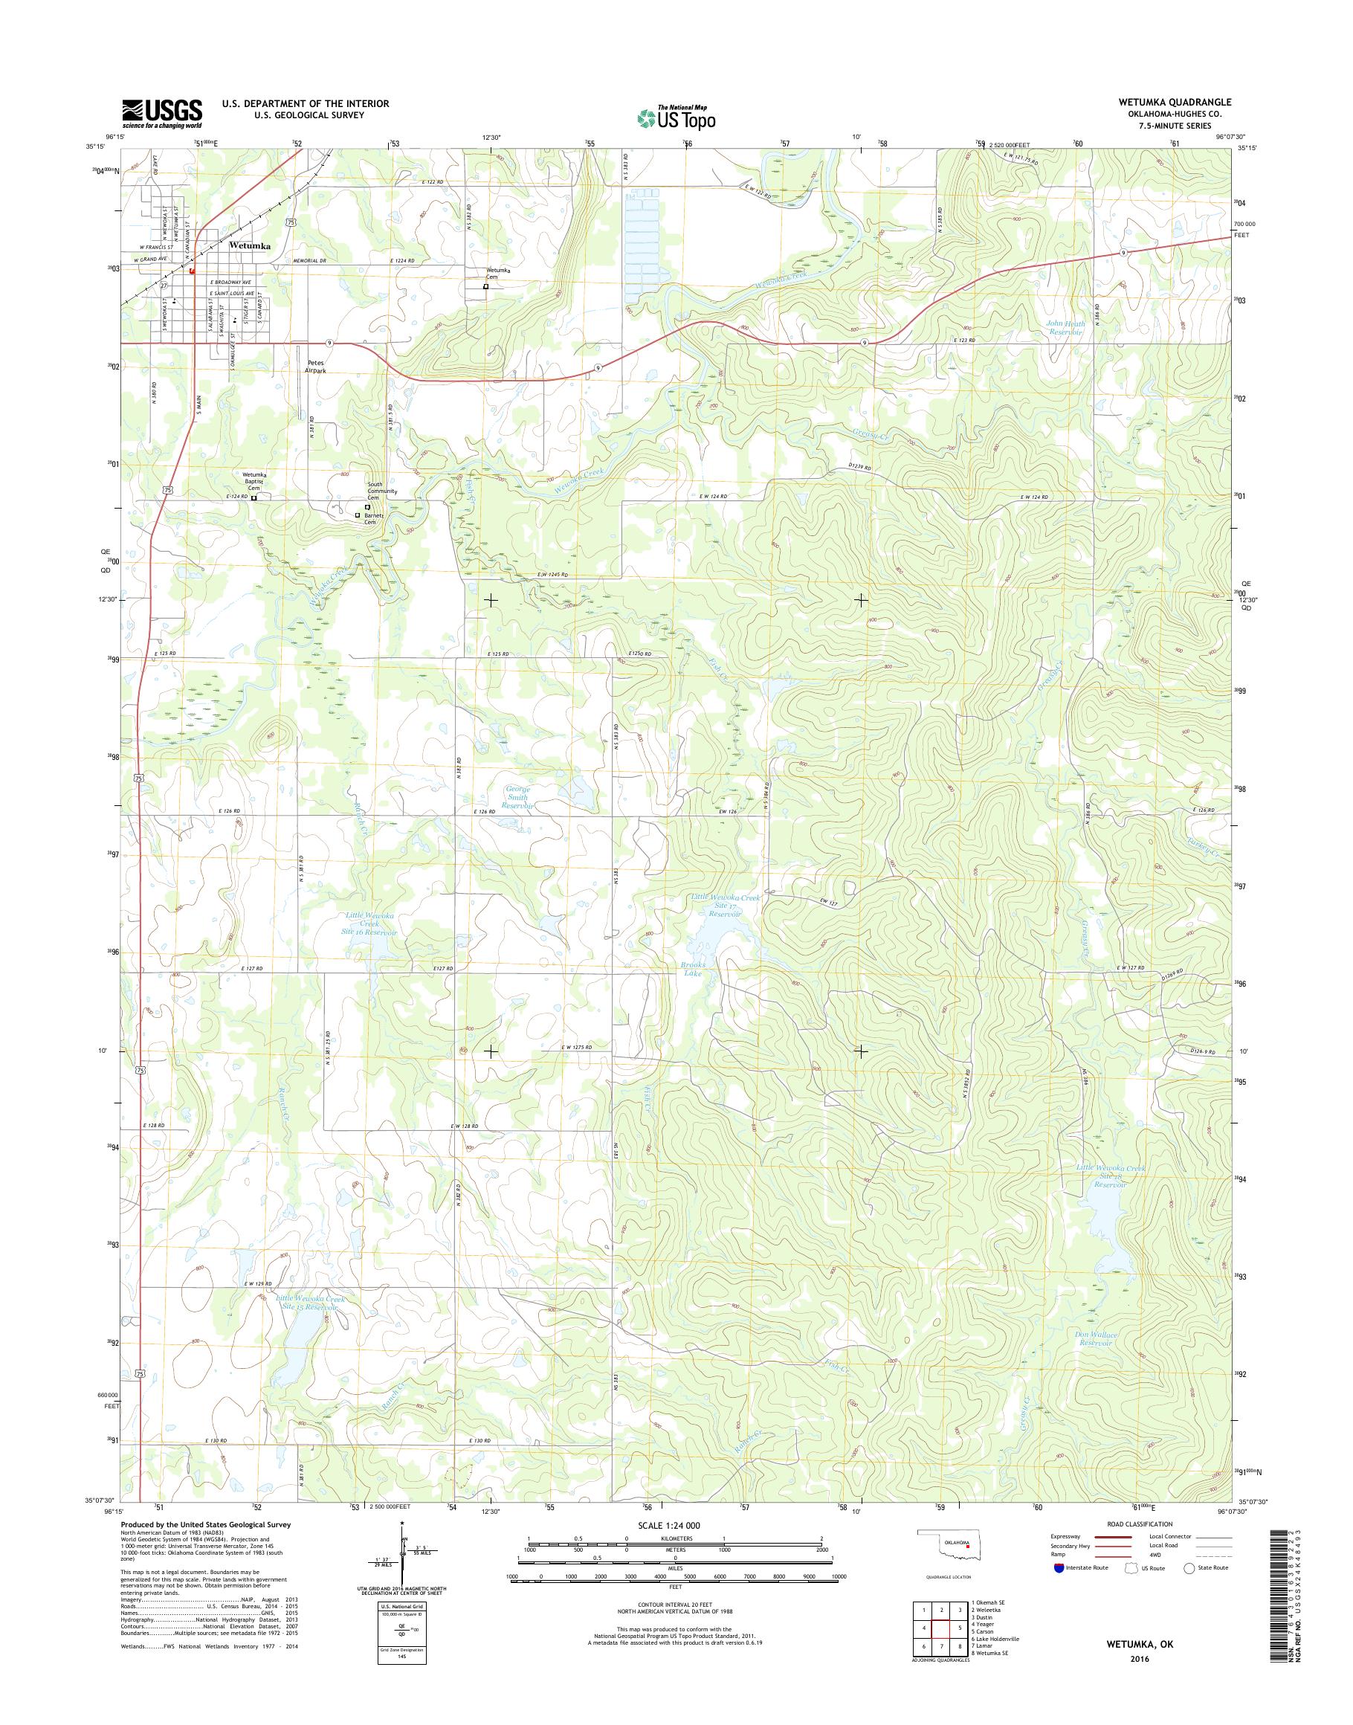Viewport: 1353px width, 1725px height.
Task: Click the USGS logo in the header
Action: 162,114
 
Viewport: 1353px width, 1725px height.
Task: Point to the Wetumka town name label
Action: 250,245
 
